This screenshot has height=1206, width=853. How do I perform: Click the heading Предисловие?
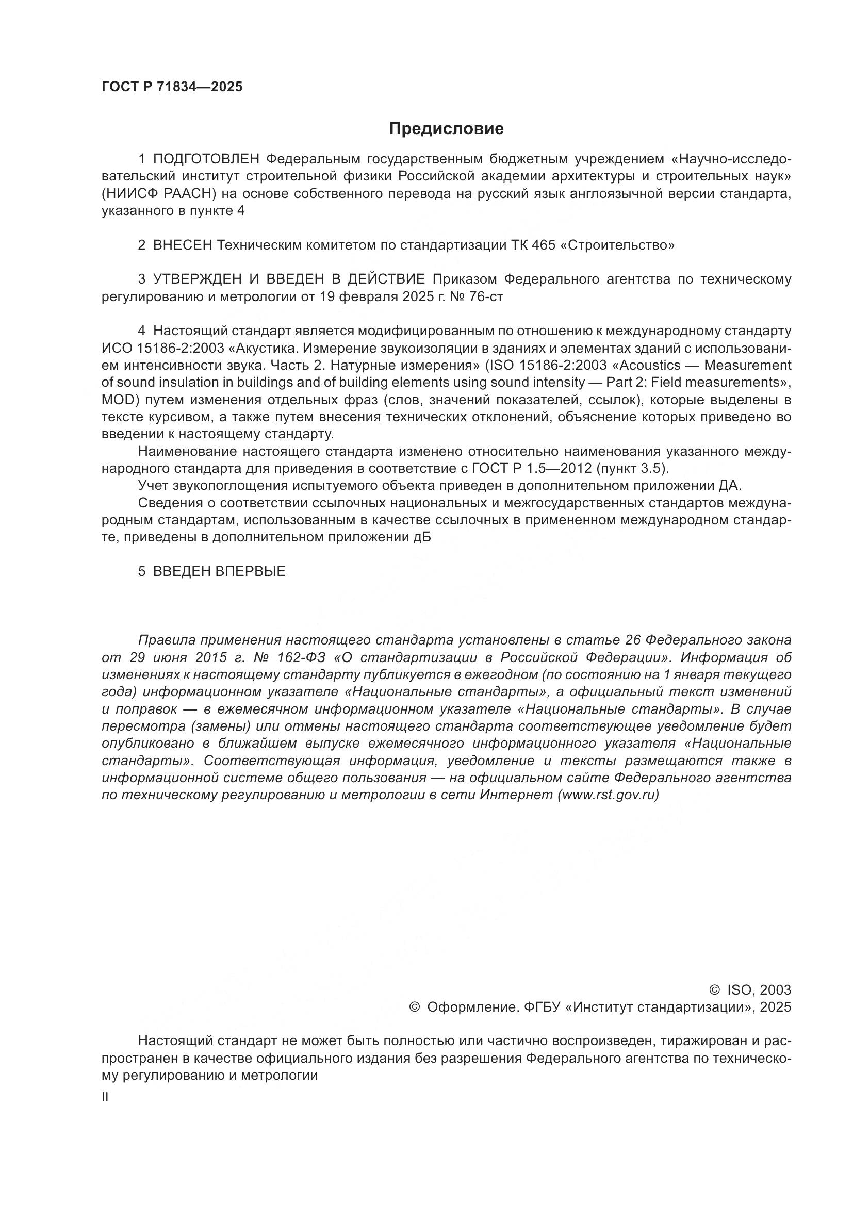(446, 129)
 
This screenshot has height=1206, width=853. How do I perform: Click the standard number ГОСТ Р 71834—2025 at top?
(172, 87)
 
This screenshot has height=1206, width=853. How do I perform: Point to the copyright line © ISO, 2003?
(749, 990)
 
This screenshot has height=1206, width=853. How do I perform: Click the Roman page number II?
(105, 1097)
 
